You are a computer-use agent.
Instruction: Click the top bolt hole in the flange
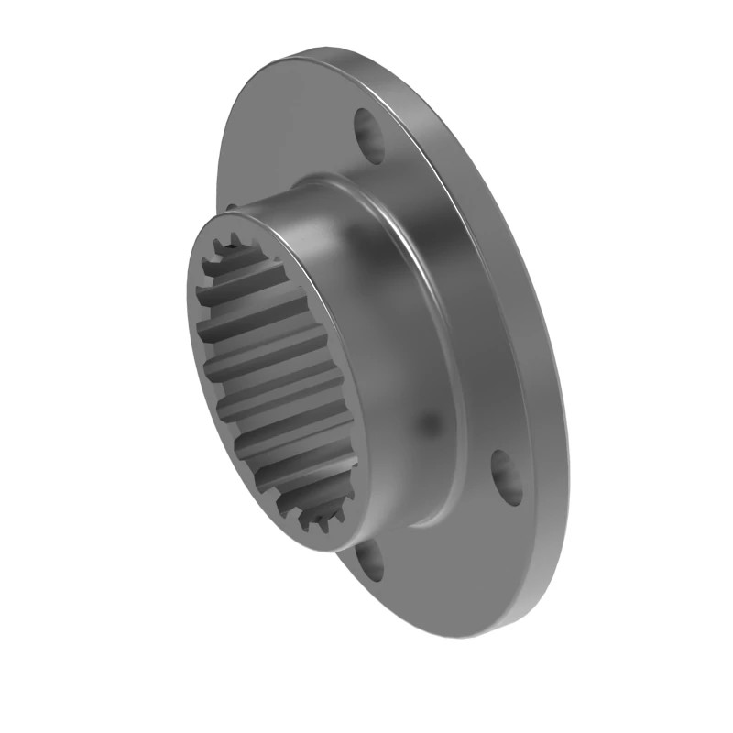370,136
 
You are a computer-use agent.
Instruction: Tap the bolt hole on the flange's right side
507,477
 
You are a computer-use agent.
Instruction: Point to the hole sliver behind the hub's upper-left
232,207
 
